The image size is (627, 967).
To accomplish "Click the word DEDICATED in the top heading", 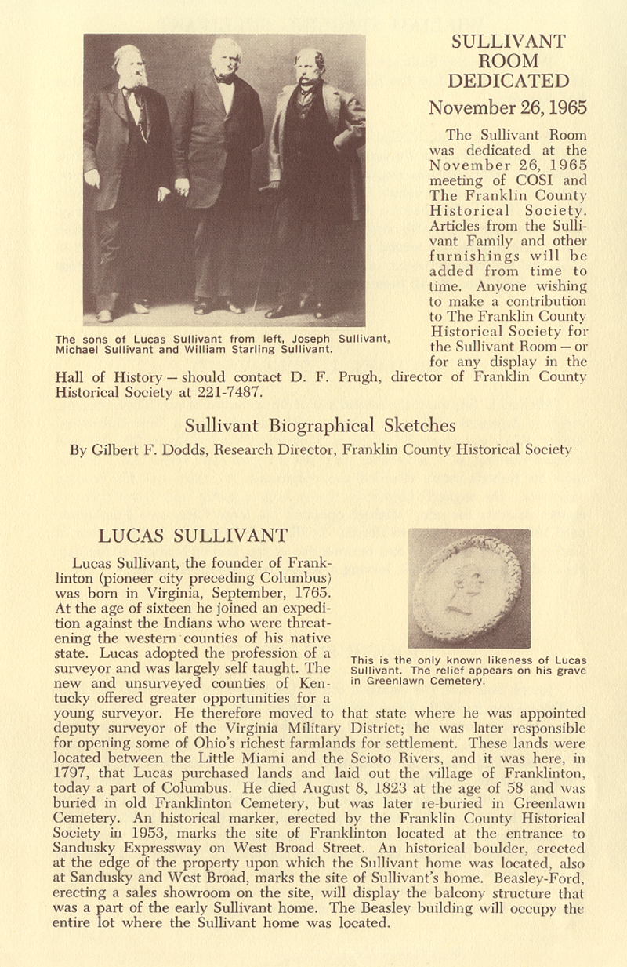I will tap(508, 81).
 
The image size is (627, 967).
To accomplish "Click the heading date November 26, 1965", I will tap(508, 107).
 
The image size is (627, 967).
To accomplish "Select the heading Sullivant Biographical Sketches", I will tap(320, 426).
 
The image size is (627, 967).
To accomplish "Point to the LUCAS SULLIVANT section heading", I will tap(193, 536).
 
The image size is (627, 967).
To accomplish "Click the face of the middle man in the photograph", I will tap(226, 57).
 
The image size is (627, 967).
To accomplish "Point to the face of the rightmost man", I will tap(310, 67).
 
